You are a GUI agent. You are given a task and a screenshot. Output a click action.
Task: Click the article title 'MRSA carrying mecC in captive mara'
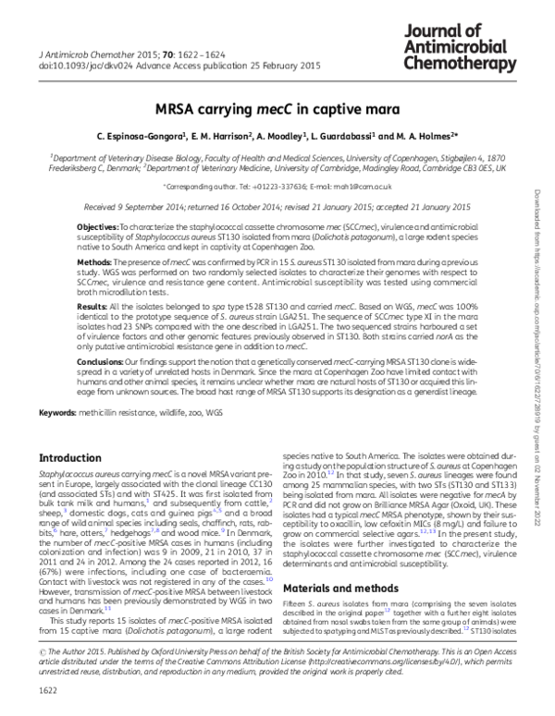click(277, 106)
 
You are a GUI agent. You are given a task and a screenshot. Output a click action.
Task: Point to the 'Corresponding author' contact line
click(277, 186)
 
